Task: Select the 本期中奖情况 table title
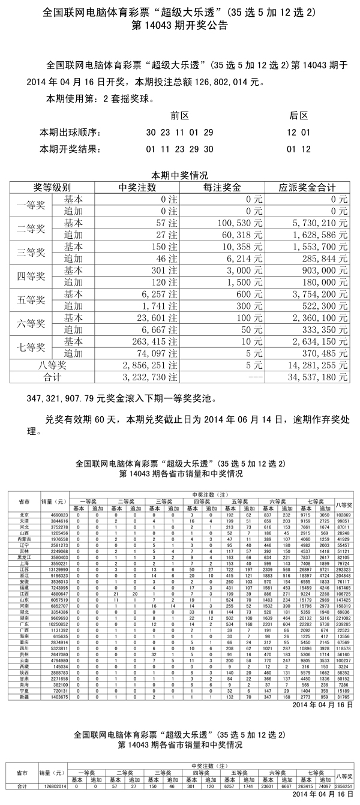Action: (x=179, y=176)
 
